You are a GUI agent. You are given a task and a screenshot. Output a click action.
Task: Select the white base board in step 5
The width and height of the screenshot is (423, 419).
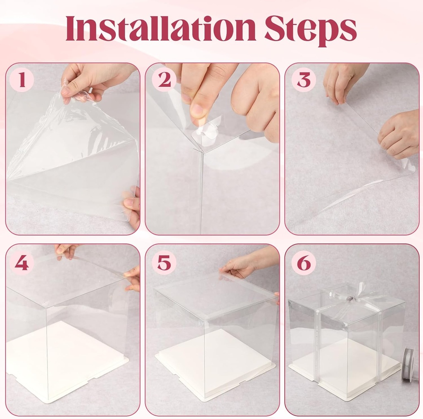215,363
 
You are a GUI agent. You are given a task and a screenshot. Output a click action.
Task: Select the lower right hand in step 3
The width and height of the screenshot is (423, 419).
399,134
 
